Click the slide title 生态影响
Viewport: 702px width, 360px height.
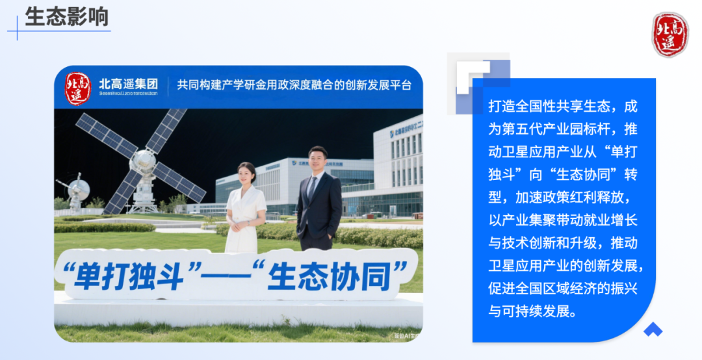point(66,16)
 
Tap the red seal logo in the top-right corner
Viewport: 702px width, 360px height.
point(670,34)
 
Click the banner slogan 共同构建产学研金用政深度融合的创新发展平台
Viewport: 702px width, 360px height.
point(294,85)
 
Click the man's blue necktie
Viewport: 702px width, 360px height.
point(313,188)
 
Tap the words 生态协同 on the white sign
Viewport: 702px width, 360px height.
point(331,276)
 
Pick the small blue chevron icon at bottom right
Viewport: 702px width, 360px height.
point(653,329)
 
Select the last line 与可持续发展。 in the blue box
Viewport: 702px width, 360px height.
point(532,311)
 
